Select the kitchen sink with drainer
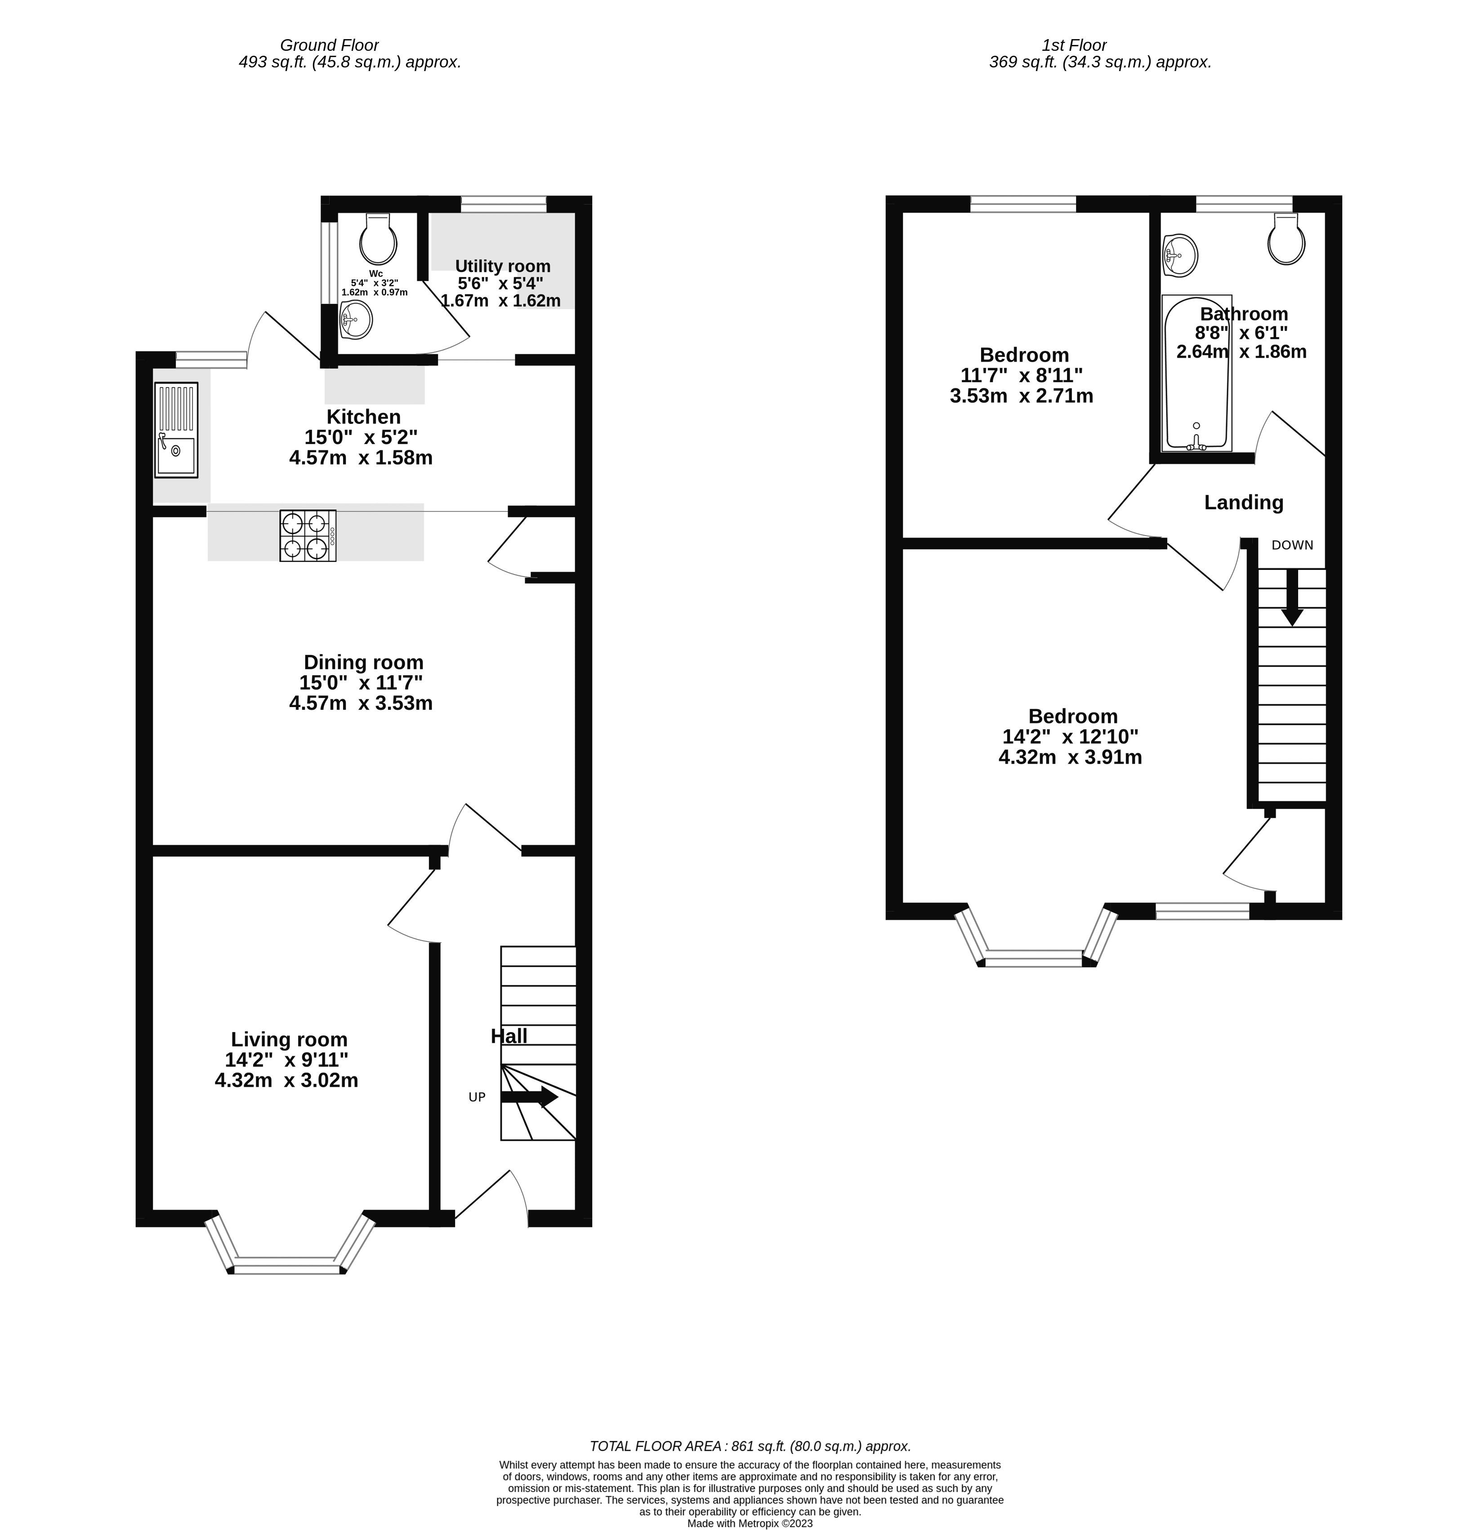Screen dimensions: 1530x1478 pos(176,429)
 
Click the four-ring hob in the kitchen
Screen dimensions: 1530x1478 pos(308,535)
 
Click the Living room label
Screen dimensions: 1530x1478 pos(289,1040)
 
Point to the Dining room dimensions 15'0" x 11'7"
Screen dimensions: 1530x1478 pos(361,682)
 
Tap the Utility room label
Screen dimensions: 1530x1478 pos(502,266)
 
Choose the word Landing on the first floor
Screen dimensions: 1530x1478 pos(1243,502)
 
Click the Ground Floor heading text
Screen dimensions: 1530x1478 pos(329,45)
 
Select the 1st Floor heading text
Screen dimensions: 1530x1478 pos(1074,45)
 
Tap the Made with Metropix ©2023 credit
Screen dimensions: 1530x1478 pos(750,1523)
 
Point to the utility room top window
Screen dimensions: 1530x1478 pos(504,205)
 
